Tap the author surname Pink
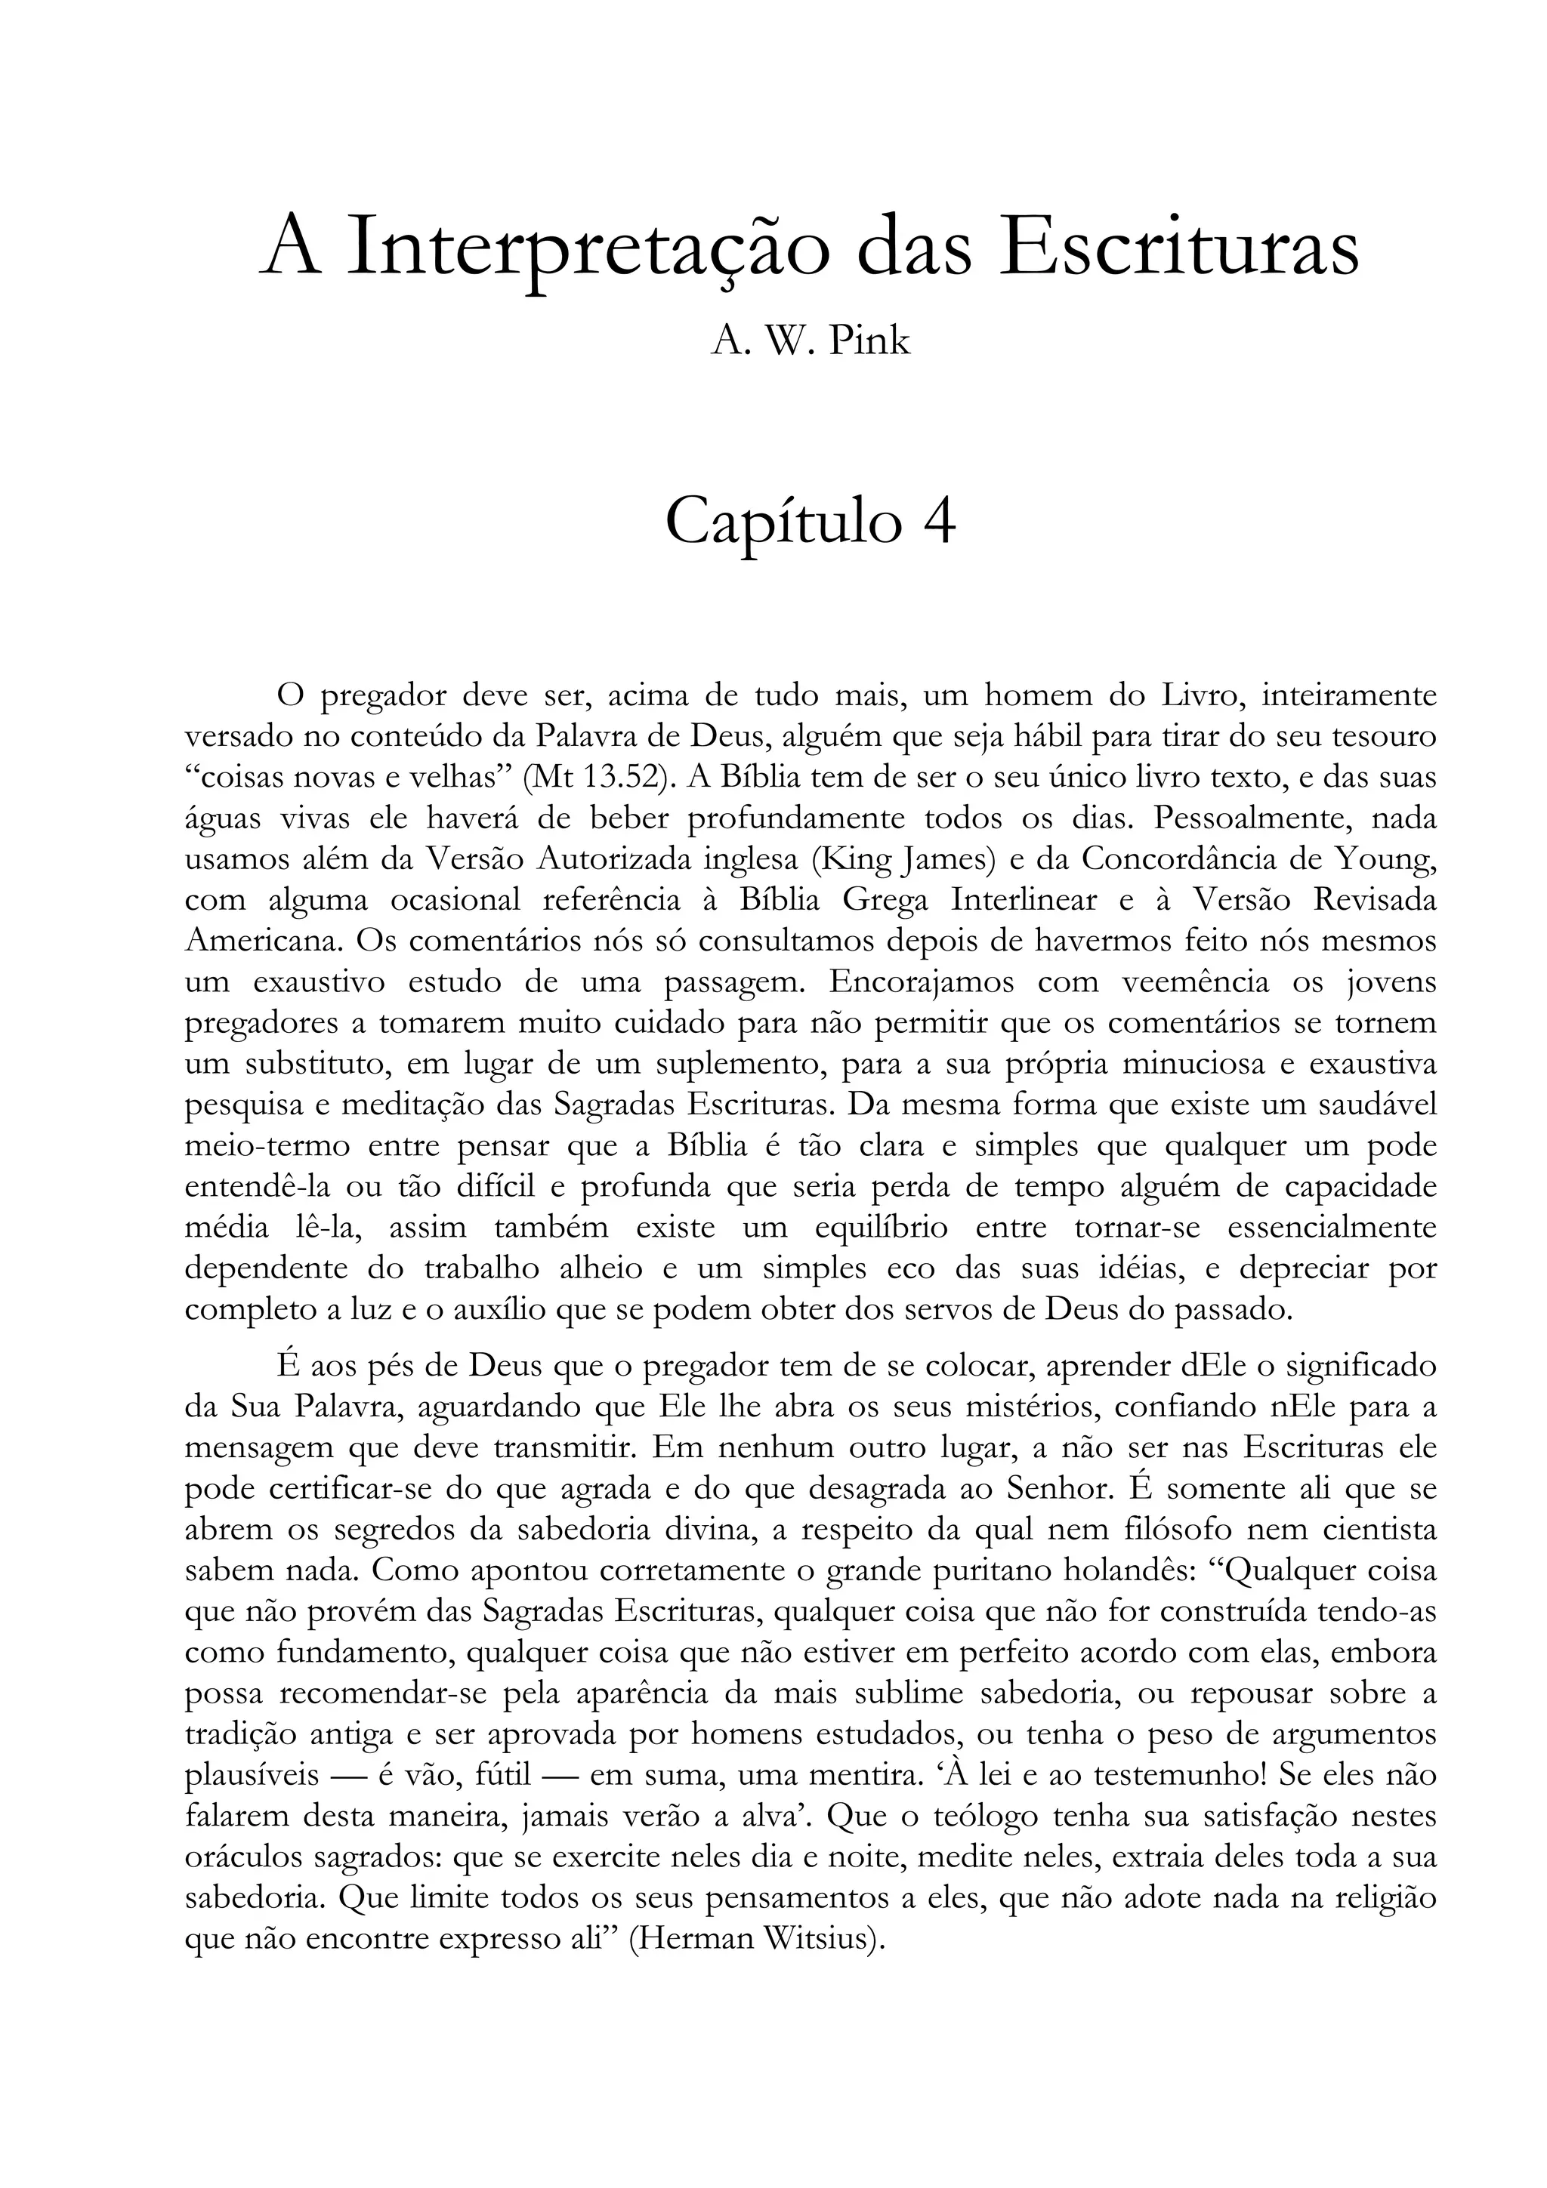(869, 341)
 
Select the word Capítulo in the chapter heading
(782, 522)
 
